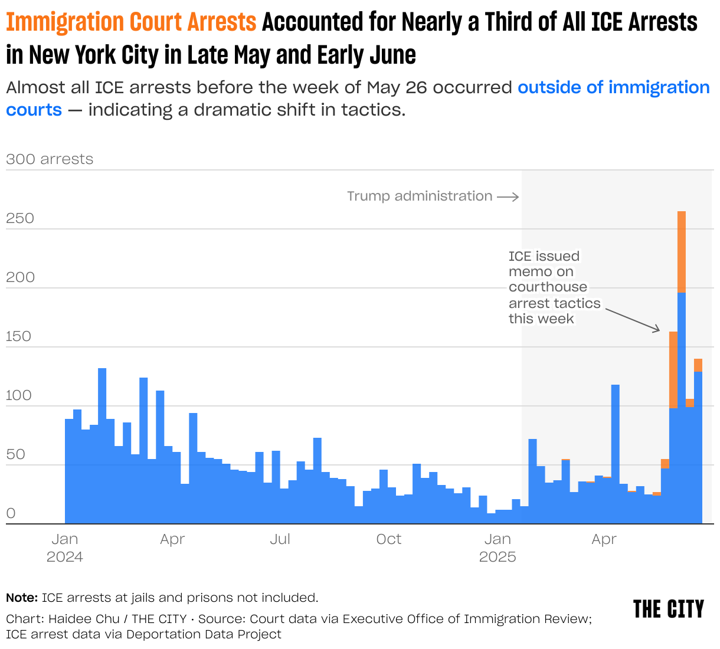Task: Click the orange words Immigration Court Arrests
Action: point(131,22)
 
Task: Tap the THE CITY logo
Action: point(668,609)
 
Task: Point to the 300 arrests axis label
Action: point(50,159)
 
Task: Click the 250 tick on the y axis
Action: point(20,218)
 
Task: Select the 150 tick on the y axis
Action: point(20,336)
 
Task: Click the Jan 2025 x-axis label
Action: point(498,548)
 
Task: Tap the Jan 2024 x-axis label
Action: point(65,548)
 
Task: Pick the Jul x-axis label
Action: point(280,539)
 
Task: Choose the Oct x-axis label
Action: point(388,539)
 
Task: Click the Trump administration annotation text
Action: point(419,196)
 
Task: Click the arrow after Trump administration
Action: point(508,196)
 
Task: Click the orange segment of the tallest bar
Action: point(681,251)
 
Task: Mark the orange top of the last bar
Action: point(698,365)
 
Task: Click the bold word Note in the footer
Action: point(22,598)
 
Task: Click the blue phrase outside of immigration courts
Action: point(614,87)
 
